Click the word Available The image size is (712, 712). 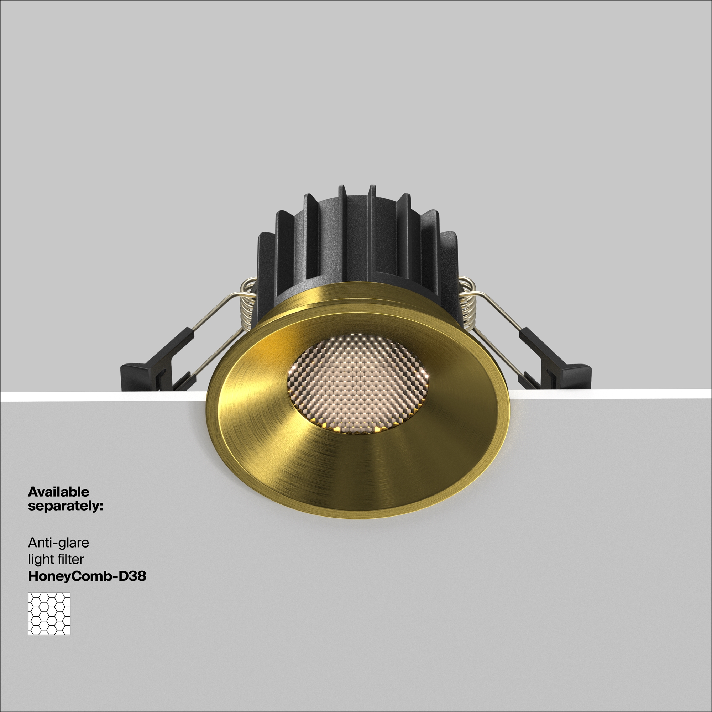59,492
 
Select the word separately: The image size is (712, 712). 66,506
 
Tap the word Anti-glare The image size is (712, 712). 59,543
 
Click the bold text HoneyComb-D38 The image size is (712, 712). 87,576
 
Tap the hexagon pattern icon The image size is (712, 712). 49,614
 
